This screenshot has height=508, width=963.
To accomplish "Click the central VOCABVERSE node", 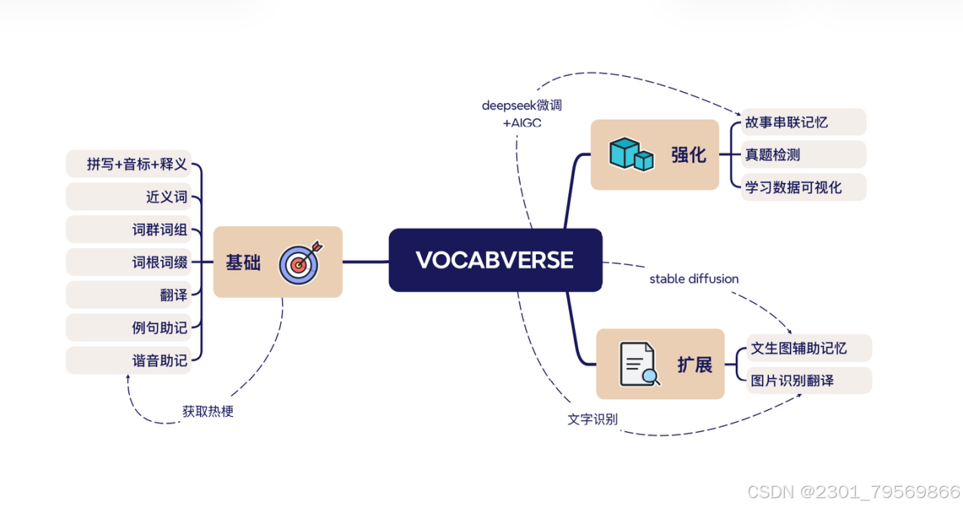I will (495, 260).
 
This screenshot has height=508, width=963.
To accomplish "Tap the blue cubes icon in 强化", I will (631, 154).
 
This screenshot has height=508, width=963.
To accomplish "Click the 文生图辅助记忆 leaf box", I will (808, 347).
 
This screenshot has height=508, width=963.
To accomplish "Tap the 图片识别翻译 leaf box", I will (808, 380).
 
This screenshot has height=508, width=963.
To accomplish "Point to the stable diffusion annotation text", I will (694, 279).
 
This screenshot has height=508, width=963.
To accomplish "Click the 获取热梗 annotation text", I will (208, 412).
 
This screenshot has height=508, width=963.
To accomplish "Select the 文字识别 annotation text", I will (592, 419).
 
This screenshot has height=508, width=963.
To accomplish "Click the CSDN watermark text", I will (853, 492).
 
